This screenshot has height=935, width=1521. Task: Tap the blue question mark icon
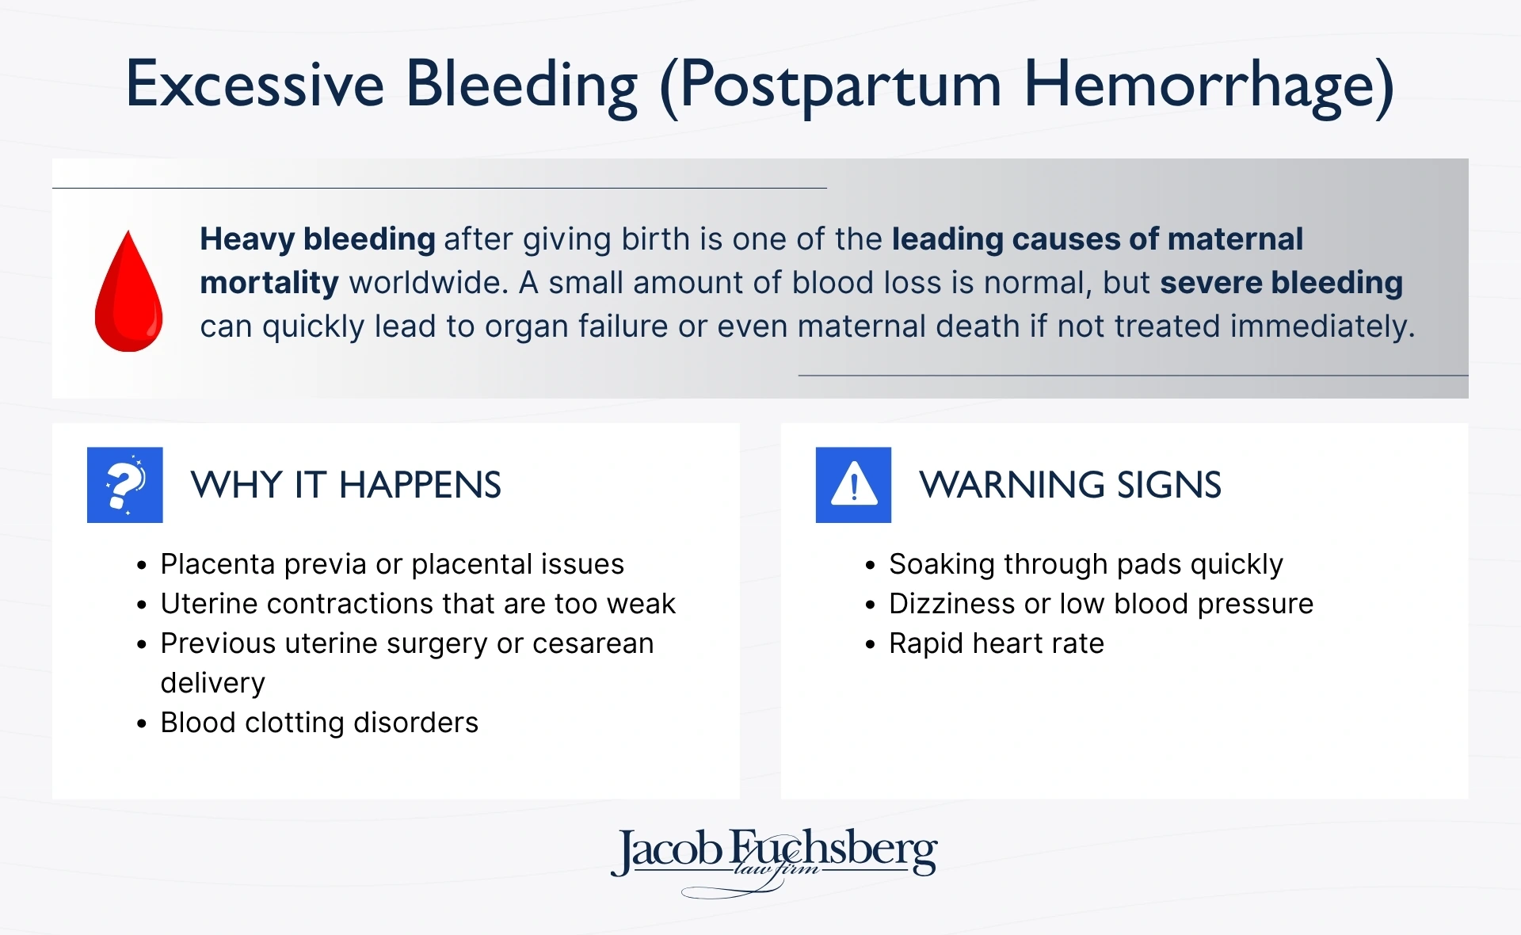125,485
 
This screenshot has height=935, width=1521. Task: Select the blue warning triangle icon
853,485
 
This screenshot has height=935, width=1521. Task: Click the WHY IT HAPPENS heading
345,485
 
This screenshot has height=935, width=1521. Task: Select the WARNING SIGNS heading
1069,485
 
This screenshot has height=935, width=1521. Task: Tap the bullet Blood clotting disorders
318,723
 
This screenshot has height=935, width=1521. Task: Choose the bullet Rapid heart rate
996,643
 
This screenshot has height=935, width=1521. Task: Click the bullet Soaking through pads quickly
1085,564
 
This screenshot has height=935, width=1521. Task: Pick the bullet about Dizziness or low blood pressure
1100,604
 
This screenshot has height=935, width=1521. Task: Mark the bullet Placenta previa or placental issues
392,564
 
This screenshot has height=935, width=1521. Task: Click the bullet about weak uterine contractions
417,604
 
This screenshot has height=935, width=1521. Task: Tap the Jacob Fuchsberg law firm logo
774,857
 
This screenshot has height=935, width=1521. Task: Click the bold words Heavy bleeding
317,239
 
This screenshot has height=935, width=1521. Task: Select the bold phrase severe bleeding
1281,283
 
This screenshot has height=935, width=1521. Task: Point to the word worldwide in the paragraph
428,283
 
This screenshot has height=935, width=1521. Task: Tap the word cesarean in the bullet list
593,643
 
